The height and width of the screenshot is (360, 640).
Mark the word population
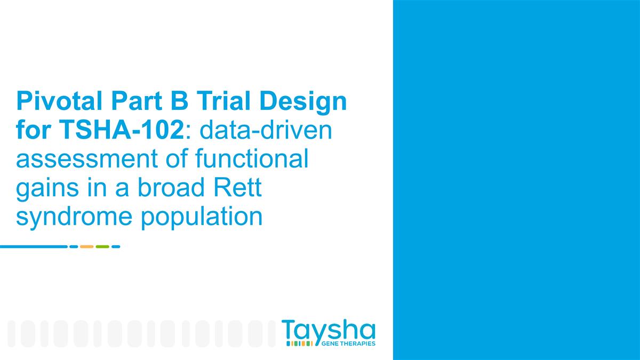(x=202, y=218)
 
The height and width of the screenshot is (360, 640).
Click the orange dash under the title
(x=86, y=246)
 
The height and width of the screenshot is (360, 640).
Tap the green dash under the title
(x=102, y=246)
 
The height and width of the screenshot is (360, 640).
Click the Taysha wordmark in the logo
(x=328, y=330)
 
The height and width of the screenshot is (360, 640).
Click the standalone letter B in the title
(x=188, y=101)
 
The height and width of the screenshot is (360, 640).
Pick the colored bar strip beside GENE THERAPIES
(x=299, y=343)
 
